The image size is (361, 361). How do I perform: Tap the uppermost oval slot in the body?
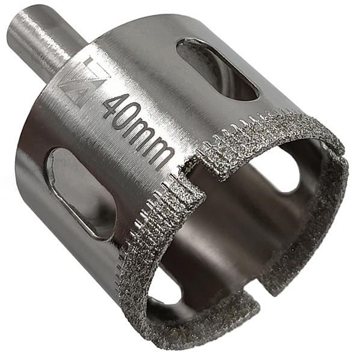click(x=218, y=69)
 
